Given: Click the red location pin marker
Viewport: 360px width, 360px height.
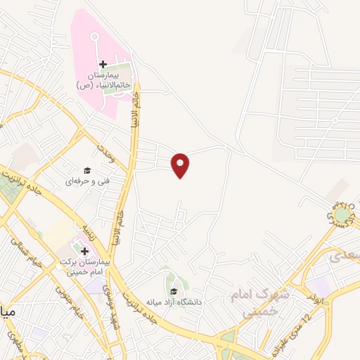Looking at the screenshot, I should [181, 165].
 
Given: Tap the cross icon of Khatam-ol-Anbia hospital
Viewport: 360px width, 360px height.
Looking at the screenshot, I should [103, 64].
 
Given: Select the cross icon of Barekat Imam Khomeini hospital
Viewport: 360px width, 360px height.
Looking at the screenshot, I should [84, 251].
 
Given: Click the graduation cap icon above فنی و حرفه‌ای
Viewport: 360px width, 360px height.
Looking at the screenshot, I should [87, 170].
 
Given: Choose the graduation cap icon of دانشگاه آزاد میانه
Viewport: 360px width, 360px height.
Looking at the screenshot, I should [173, 292].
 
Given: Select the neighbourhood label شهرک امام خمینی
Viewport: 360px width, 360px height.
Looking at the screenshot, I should [255, 302].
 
